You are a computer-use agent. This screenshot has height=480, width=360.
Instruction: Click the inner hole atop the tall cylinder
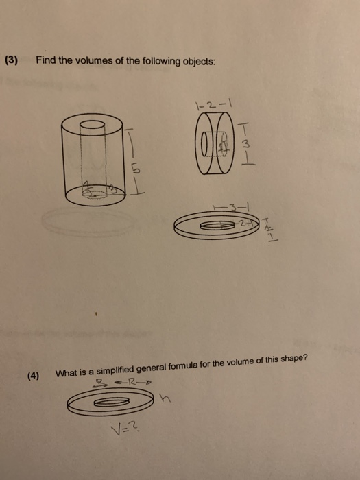coord(92,125)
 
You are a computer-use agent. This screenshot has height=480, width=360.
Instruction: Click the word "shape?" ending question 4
coord(291,361)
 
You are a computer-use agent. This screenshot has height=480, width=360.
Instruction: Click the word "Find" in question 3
coord(46,60)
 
